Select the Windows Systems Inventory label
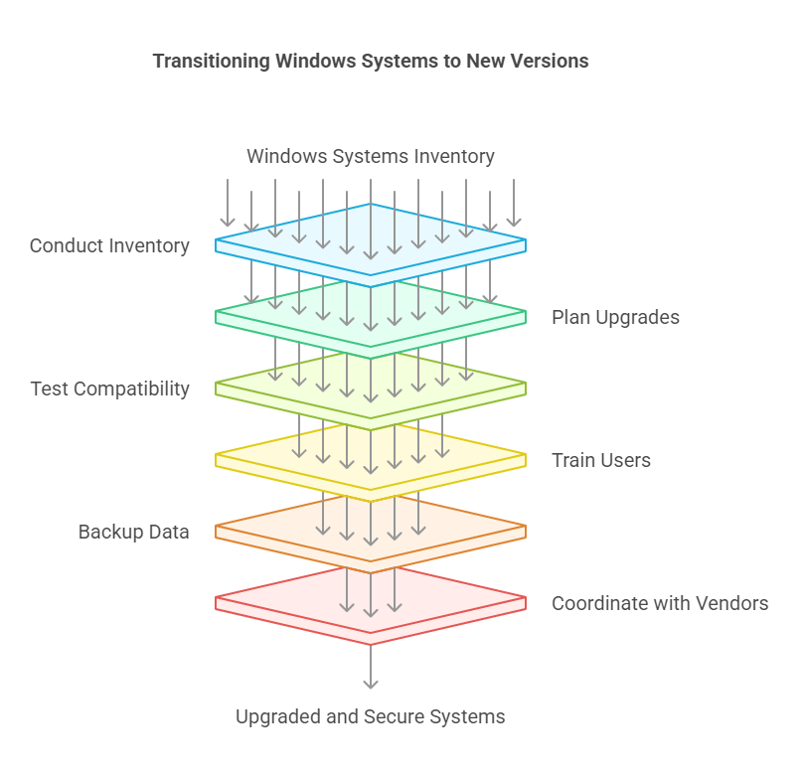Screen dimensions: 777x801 [370, 156]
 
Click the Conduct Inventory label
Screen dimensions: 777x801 [109, 245]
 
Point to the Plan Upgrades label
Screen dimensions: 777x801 [615, 317]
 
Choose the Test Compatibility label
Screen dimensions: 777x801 [109, 388]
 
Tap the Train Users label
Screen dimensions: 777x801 [600, 460]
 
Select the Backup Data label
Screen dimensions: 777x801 [133, 532]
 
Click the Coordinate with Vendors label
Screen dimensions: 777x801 [660, 603]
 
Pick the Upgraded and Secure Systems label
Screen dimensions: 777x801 [370, 716]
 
